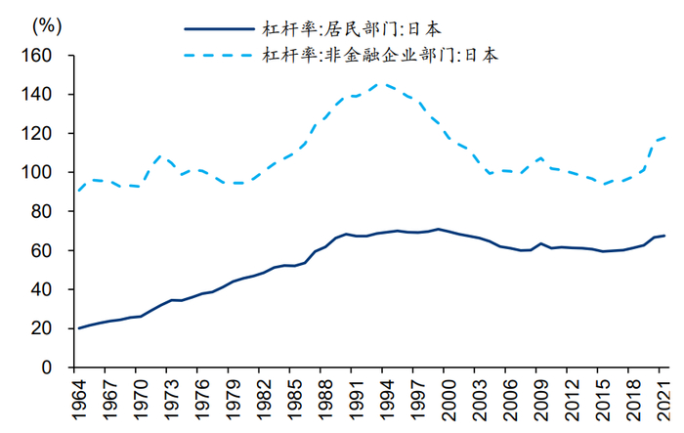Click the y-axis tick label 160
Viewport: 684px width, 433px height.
36,56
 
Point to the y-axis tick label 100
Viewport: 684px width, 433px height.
36,173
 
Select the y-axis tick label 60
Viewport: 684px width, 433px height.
40,251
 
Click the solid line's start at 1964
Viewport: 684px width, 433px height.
79,327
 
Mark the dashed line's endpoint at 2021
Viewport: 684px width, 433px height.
665,137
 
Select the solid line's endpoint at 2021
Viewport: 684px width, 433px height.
665,236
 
